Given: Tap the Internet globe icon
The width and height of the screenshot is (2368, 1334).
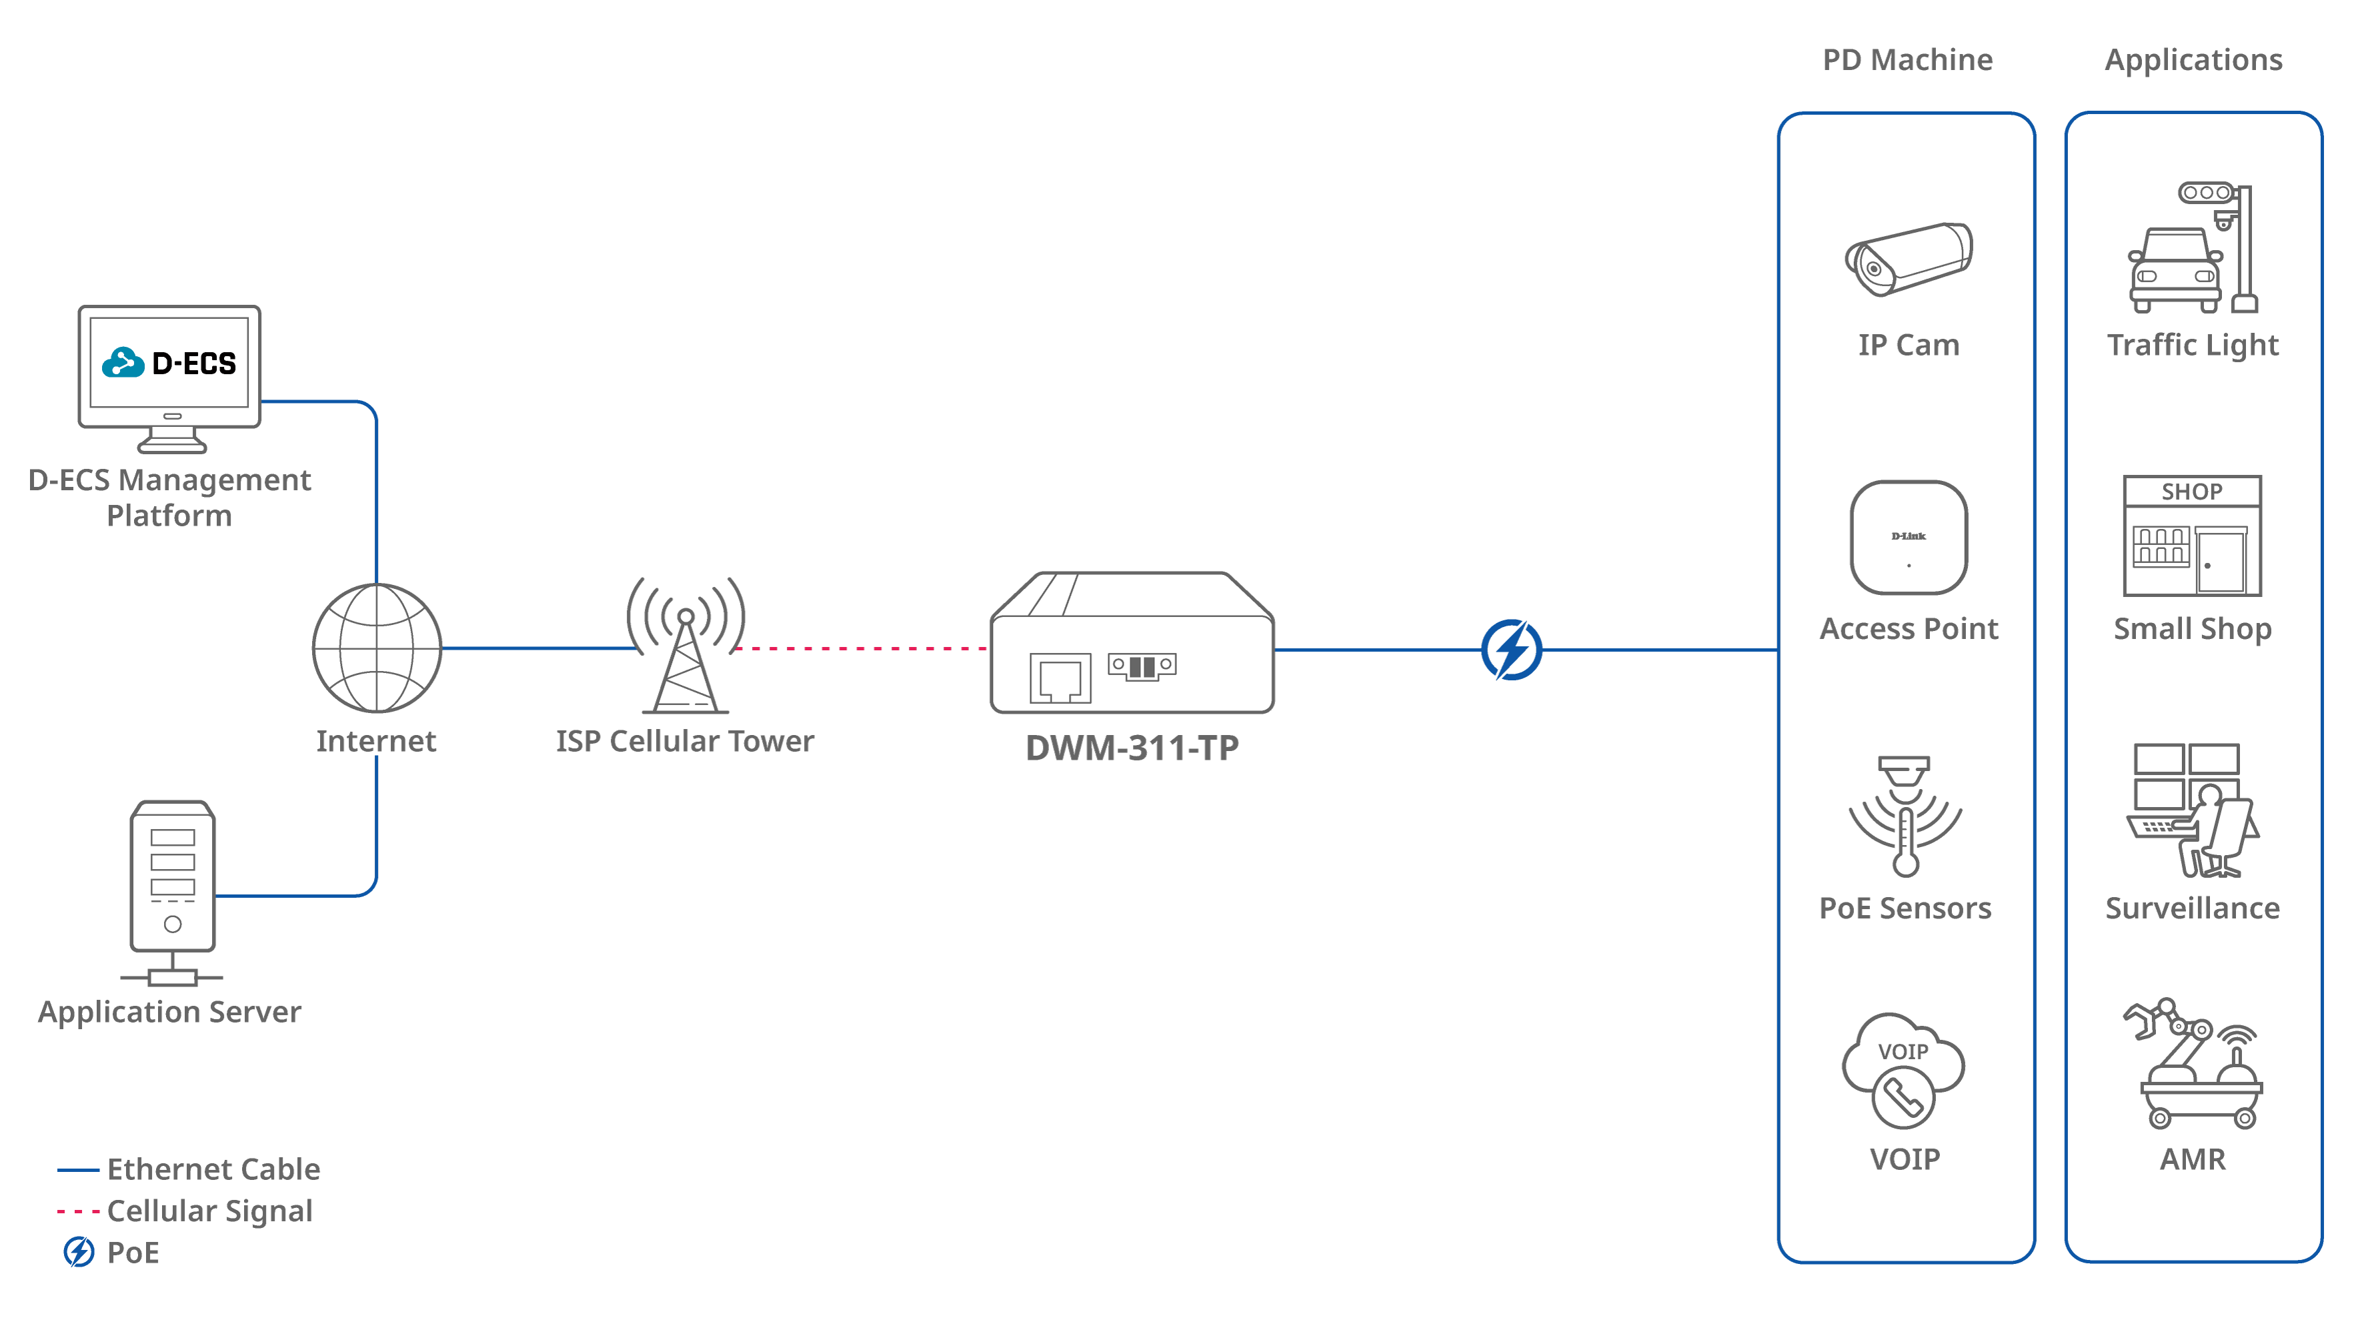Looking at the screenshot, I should [377, 648].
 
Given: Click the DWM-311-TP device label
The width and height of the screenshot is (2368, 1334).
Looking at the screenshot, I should [1132, 748].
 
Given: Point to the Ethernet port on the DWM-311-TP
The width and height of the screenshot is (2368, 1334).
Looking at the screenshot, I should [1060, 678].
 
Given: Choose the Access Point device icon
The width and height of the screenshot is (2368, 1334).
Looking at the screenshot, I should [1909, 538].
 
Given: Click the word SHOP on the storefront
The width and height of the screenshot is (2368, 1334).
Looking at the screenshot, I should [2191, 492].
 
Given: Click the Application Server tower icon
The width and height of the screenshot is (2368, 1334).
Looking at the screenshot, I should [173, 878].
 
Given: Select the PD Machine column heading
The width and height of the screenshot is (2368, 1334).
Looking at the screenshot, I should [1907, 60].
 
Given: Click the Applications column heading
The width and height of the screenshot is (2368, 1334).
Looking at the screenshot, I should [2193, 60].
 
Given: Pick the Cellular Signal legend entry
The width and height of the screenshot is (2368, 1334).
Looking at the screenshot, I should [209, 1211].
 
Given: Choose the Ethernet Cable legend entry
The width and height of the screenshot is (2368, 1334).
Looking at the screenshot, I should [213, 1169].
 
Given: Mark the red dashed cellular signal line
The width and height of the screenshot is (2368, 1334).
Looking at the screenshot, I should [860, 648].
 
